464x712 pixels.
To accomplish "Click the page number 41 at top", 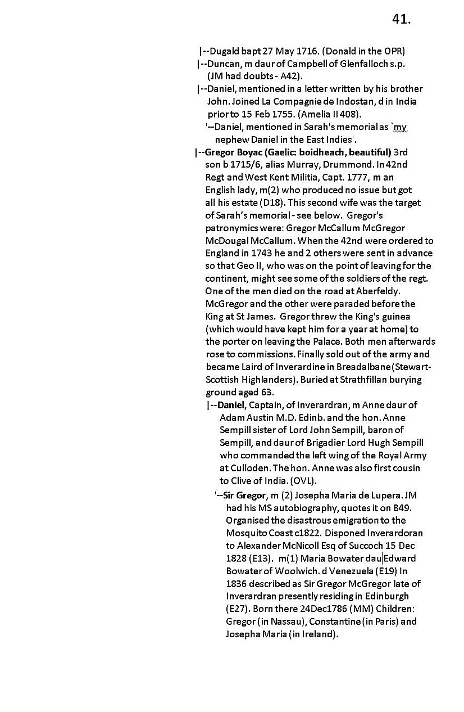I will (401, 19).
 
